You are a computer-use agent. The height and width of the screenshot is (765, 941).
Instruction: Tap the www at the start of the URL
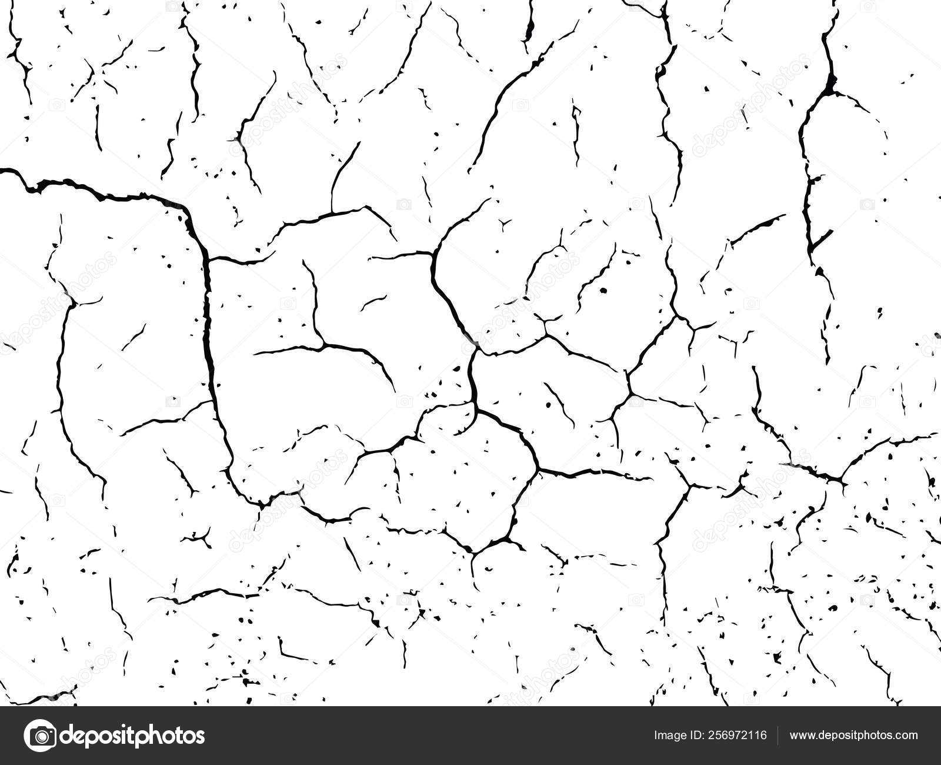tap(802, 736)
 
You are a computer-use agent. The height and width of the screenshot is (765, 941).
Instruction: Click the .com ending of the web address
tap(906, 736)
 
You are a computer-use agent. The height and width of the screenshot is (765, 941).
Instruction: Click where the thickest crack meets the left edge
tap(2, 170)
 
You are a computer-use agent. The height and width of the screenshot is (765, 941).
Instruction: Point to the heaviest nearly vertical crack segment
tap(209, 330)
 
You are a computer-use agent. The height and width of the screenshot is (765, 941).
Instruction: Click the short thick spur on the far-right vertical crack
tap(822, 238)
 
